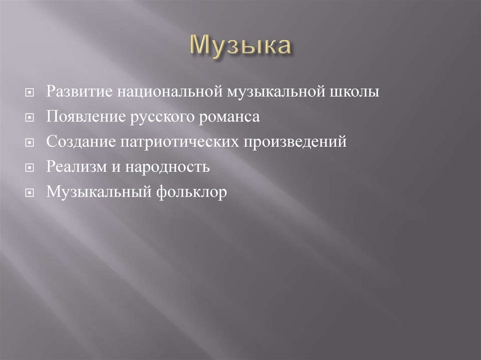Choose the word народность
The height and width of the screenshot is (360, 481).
tap(166, 167)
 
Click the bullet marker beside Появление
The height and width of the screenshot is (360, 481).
tap(29, 117)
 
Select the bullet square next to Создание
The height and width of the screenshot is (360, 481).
tap(29, 143)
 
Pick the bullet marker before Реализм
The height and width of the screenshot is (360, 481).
tap(29, 168)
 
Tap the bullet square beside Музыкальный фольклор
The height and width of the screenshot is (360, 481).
tap(29, 193)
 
